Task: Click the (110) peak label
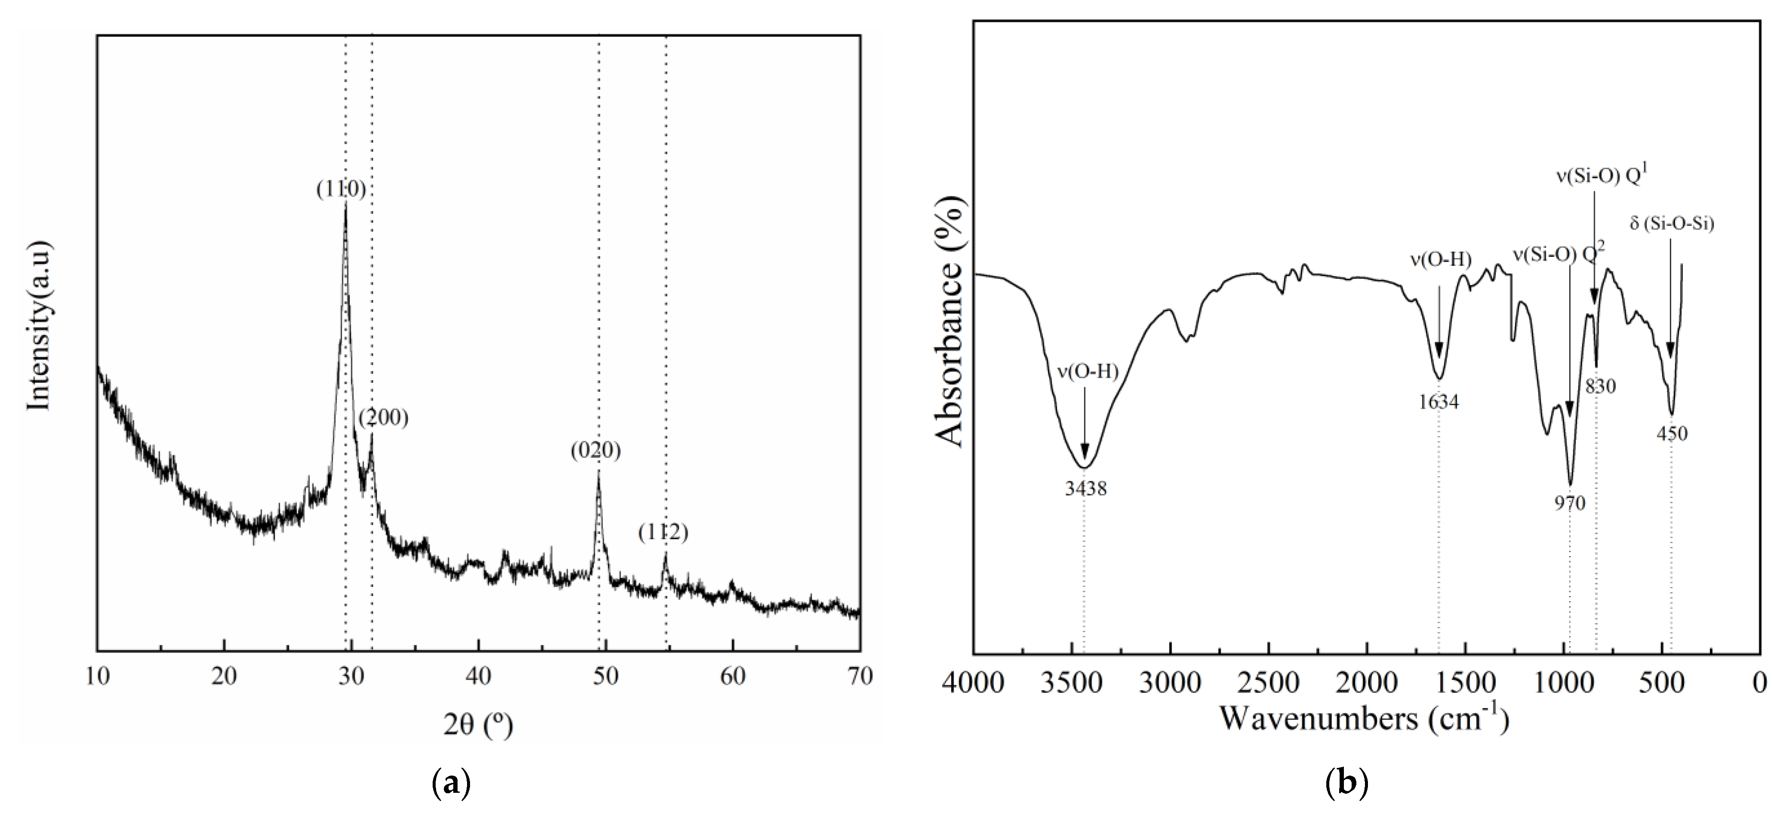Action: (341, 189)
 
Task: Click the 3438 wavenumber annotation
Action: (1085, 489)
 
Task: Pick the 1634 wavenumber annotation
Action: (1438, 402)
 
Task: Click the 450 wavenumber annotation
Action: (1673, 434)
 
